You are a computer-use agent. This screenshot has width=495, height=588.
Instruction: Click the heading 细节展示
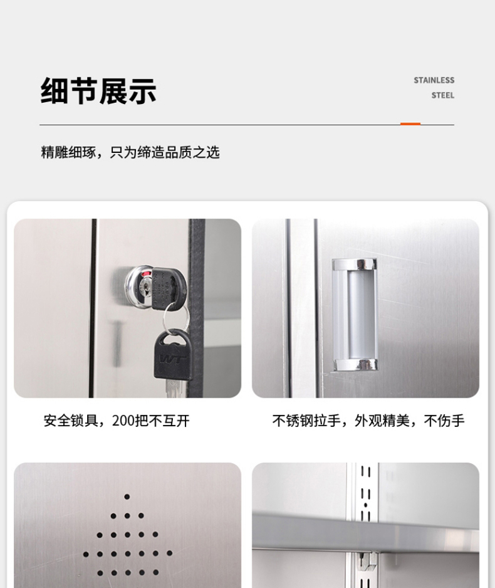pyautogui.click(x=98, y=91)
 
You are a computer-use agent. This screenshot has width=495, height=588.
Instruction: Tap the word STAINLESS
pyautogui.click(x=434, y=80)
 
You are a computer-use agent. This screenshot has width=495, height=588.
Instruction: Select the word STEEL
pyautogui.click(x=443, y=96)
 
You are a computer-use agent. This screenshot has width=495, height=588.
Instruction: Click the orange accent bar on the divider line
pyautogui.click(x=410, y=123)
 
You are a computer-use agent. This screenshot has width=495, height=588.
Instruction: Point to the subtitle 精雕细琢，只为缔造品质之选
pyautogui.click(x=130, y=152)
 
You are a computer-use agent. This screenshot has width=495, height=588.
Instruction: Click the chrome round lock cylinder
pyautogui.click(x=139, y=287)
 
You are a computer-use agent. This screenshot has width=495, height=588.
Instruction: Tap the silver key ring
pyautogui.click(x=175, y=318)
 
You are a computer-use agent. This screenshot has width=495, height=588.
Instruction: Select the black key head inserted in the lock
pyautogui.click(x=169, y=288)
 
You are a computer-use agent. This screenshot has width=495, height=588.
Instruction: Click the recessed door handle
pyautogui.click(x=355, y=314)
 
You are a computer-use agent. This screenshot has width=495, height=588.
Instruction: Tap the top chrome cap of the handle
pyautogui.click(x=355, y=264)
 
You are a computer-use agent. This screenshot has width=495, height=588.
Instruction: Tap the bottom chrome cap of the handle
pyautogui.click(x=355, y=365)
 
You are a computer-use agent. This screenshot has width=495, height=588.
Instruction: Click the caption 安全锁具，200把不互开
pyautogui.click(x=117, y=421)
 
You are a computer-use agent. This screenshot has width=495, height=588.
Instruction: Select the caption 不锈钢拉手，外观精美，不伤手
pyautogui.click(x=368, y=421)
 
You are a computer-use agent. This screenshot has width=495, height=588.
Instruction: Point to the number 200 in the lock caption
pyautogui.click(x=123, y=421)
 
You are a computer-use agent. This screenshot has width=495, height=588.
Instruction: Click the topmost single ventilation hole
pyautogui.click(x=127, y=497)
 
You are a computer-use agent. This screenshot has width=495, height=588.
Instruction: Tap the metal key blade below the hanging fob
pyautogui.click(x=173, y=389)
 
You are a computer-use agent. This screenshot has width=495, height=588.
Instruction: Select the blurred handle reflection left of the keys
pyautogui.click(x=118, y=343)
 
